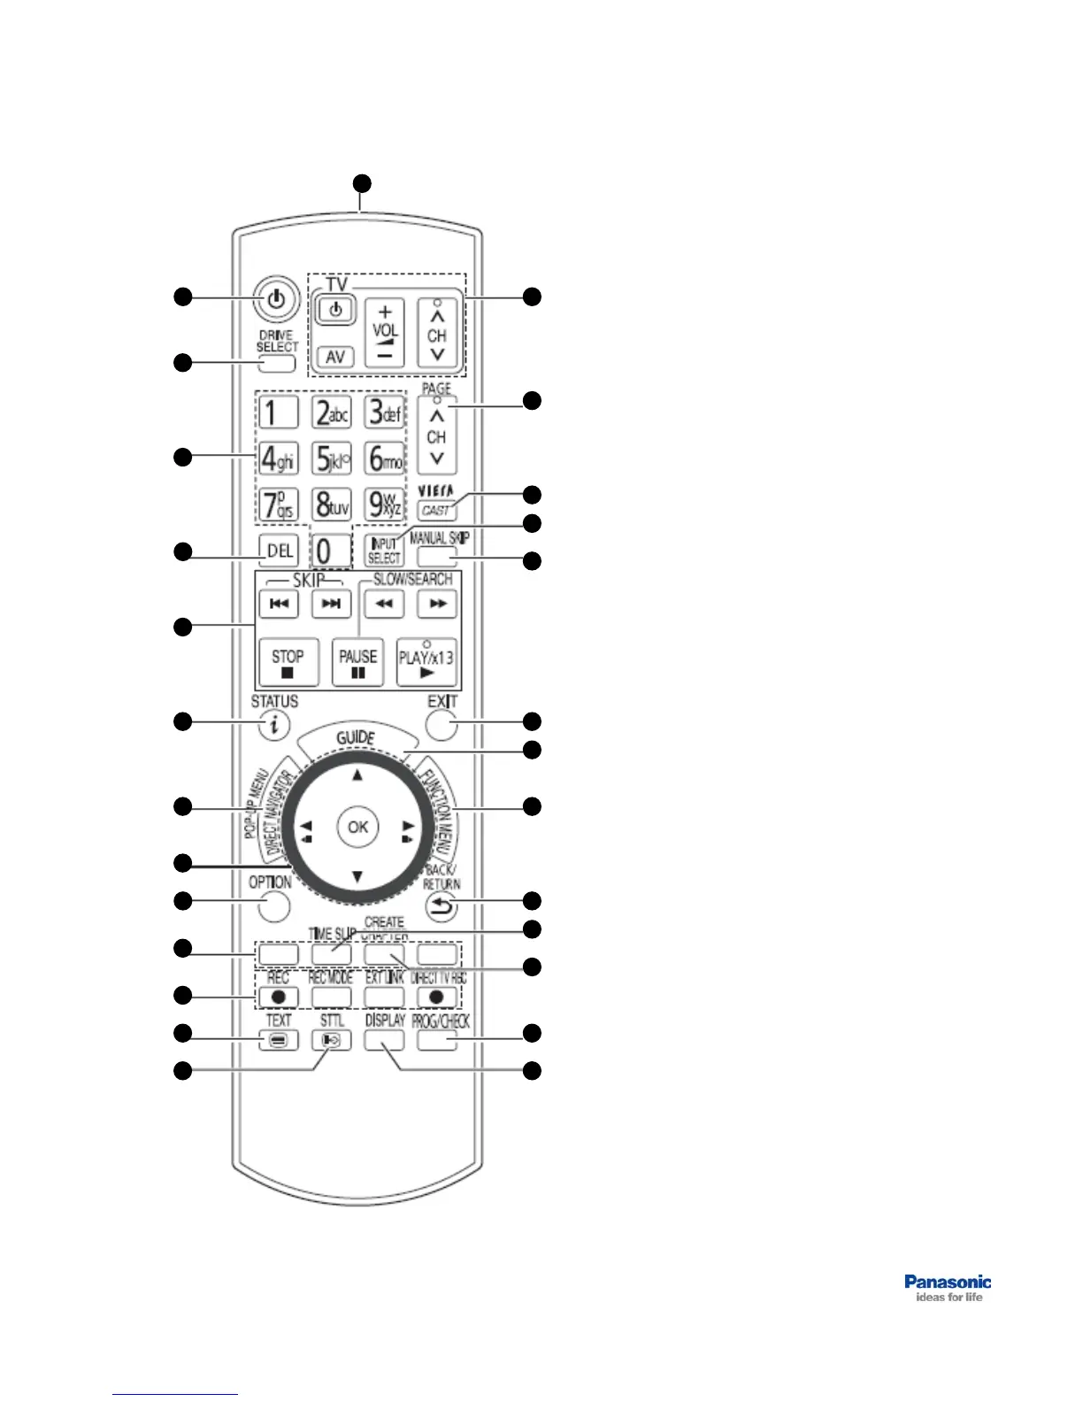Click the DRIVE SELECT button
click(277, 363)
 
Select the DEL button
click(280, 551)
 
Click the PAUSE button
click(357, 662)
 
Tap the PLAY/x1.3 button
click(426, 662)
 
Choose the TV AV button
click(334, 356)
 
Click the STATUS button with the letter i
click(275, 725)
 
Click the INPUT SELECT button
click(384, 551)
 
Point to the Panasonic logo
click(948, 1288)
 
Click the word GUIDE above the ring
click(357, 737)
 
